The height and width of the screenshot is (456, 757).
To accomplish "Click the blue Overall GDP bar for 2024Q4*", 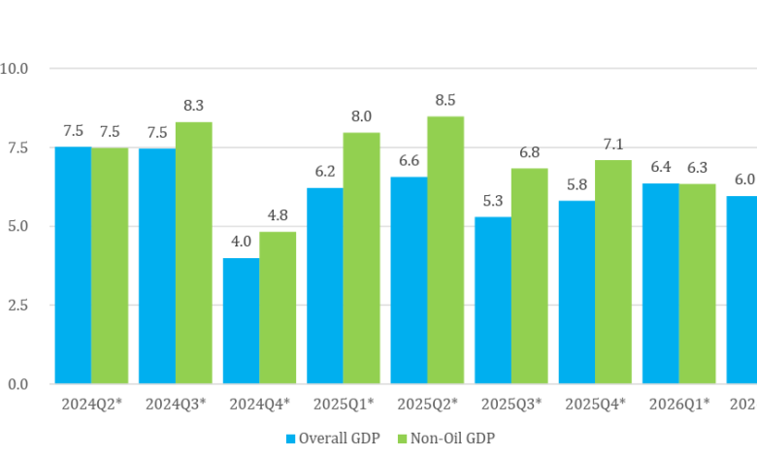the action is [241, 321].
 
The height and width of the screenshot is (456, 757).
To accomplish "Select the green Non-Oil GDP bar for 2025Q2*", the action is [445, 250].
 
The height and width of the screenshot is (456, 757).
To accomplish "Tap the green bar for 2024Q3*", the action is [193, 253].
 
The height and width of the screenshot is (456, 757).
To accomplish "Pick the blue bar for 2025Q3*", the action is [493, 300].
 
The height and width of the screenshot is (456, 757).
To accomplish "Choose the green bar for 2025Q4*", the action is [613, 272].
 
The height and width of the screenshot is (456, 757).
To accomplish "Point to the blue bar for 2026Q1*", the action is [661, 283].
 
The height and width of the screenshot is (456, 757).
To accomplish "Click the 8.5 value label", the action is [445, 100].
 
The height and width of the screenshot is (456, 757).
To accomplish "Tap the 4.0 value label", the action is [241, 242].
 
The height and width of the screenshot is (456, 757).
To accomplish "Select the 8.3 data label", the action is [193, 105].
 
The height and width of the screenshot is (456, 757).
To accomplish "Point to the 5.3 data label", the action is [493, 200].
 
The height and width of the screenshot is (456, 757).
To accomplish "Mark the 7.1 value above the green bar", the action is [613, 144].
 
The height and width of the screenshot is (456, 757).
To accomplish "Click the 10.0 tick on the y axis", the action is [14, 69].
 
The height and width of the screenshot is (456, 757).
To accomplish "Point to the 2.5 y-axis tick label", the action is [17, 305].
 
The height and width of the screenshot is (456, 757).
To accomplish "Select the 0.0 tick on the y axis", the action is [17, 384].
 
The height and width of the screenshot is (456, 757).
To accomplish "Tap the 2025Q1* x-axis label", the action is [344, 404].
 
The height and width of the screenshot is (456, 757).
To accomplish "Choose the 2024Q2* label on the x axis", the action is [92, 404].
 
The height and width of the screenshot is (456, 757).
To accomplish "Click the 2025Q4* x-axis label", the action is [595, 404].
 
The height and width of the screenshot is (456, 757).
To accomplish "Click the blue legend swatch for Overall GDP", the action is [290, 439].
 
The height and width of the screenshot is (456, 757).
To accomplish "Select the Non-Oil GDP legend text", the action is [452, 439].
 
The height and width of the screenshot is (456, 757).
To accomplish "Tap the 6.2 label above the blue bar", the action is [325, 172].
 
